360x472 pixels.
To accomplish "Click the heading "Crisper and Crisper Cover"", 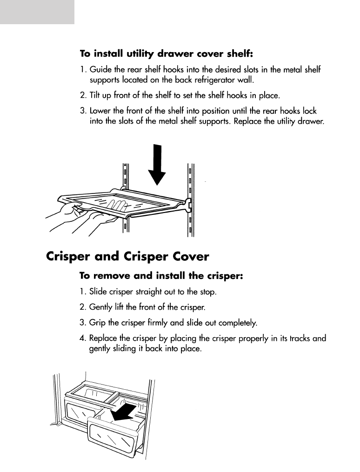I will point(128,257).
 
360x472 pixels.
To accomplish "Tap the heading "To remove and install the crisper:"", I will point(161,276).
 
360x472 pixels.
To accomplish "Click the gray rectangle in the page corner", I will point(37,12).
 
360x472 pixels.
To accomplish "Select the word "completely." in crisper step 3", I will point(239,322).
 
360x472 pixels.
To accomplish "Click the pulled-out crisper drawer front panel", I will point(113,439).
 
